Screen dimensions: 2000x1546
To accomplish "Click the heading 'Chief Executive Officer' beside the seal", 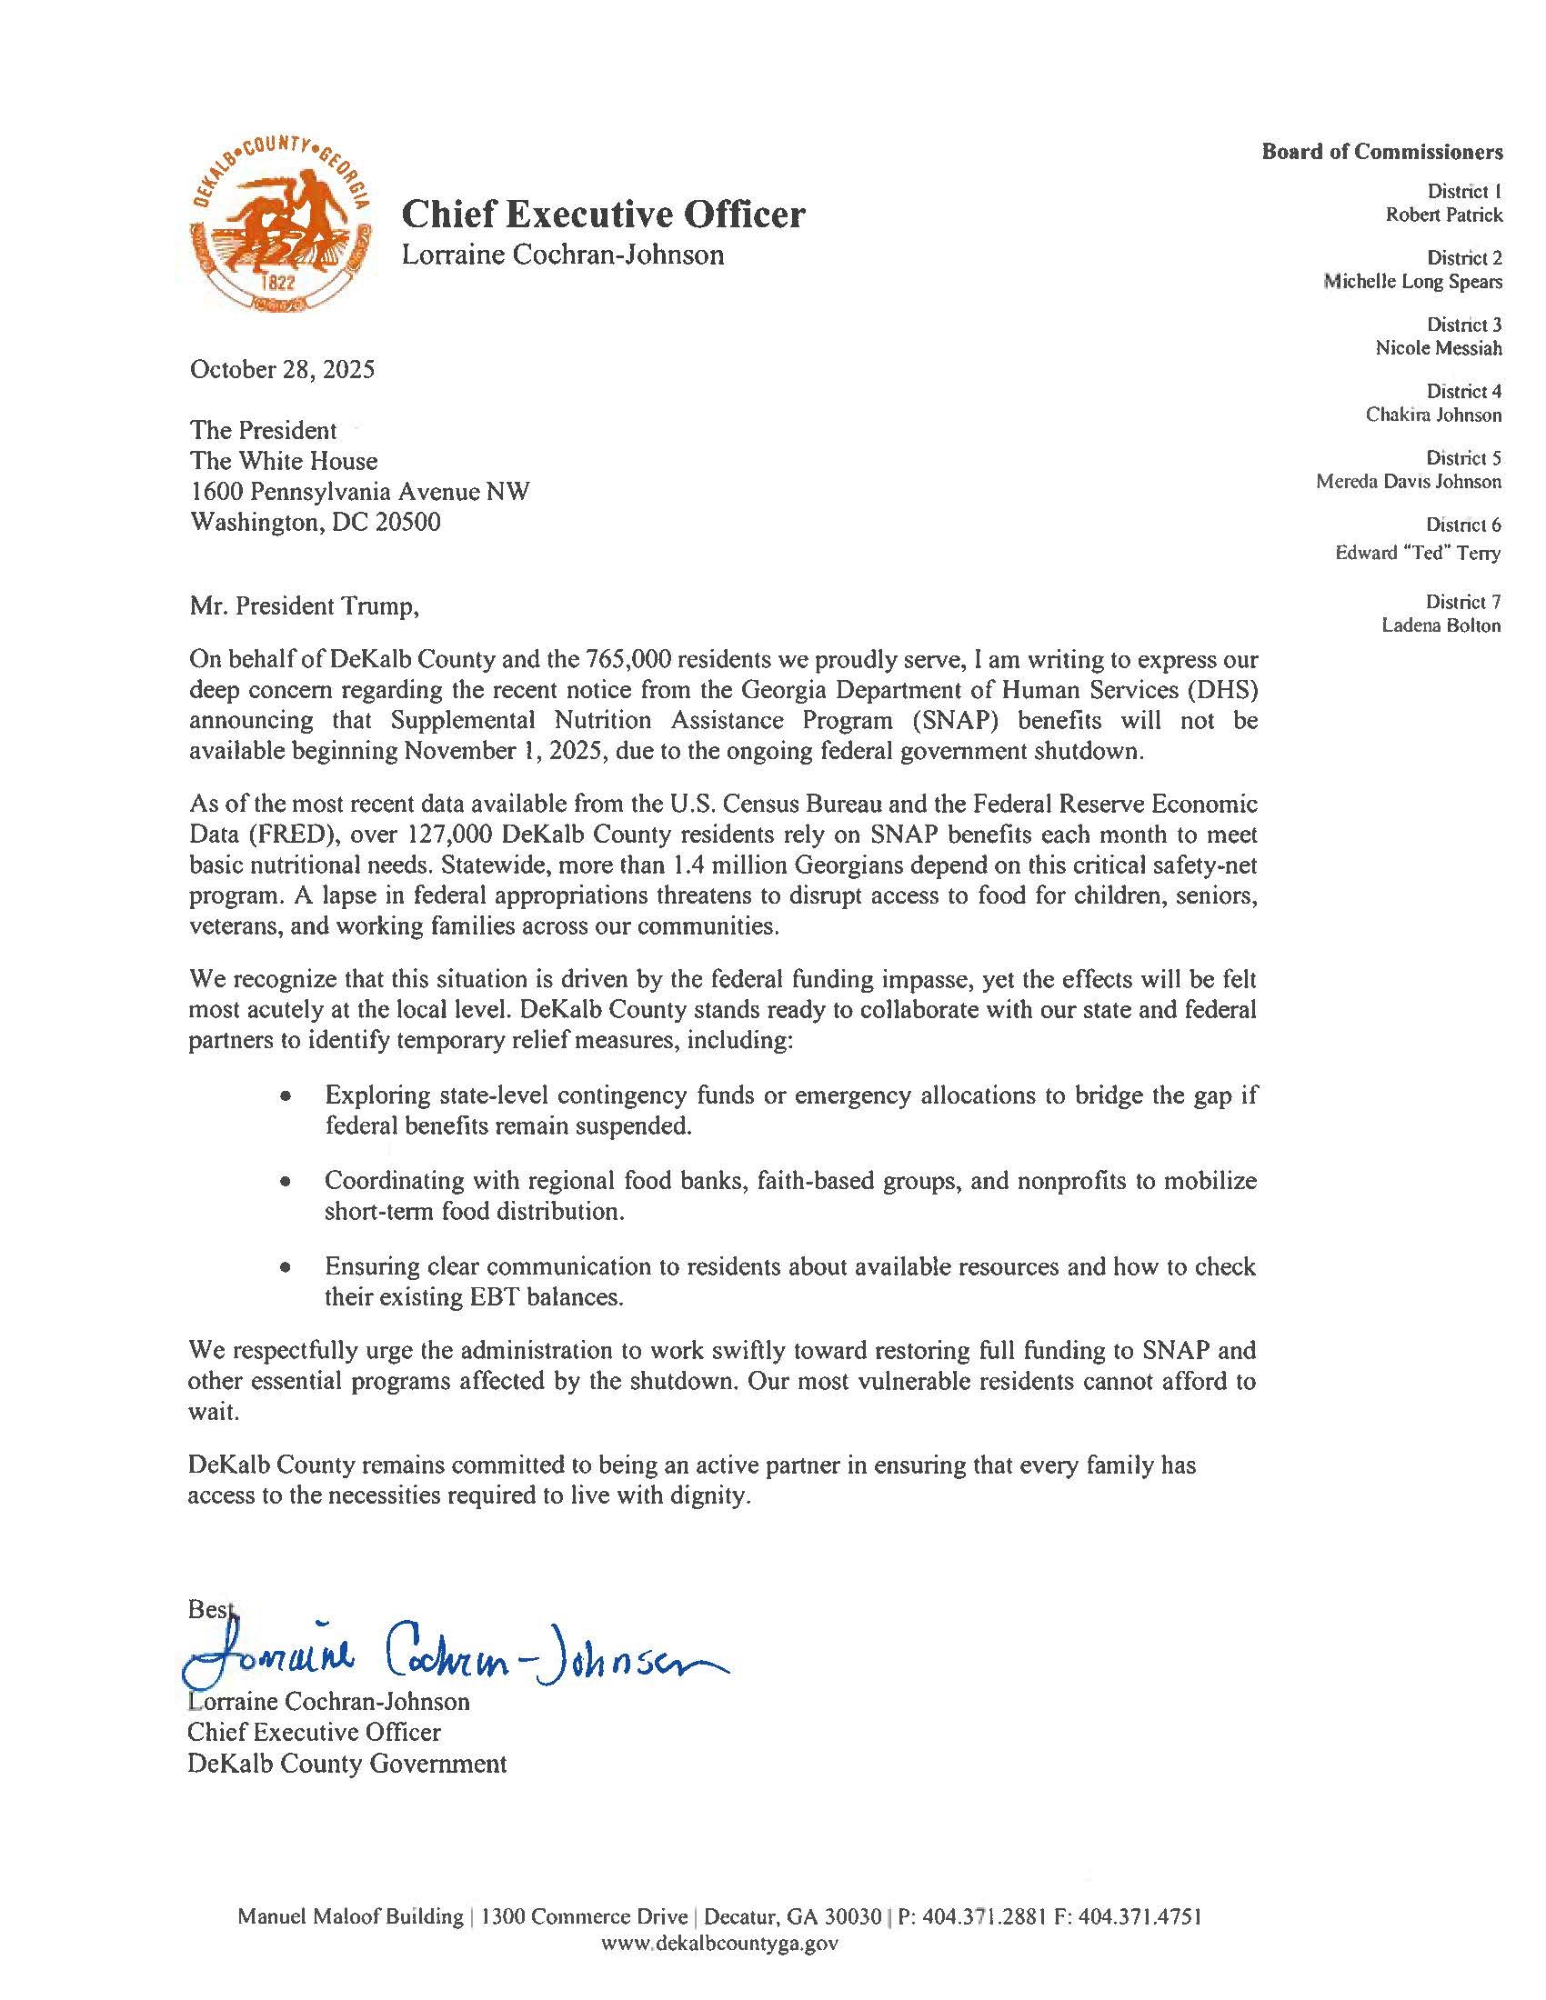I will (x=604, y=215).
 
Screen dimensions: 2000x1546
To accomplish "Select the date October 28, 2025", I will (x=282, y=370).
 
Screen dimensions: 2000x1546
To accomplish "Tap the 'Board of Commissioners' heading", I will (x=1382, y=151).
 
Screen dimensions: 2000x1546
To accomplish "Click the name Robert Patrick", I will (x=1443, y=215).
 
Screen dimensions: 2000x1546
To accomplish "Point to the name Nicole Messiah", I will (x=1438, y=348).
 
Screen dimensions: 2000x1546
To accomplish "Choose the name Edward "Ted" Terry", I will (x=1418, y=553).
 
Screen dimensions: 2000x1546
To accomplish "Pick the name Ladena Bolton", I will (x=1441, y=625).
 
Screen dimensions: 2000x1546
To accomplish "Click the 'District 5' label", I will (x=1463, y=458).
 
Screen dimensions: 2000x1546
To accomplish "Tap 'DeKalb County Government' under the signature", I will (x=347, y=1763).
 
